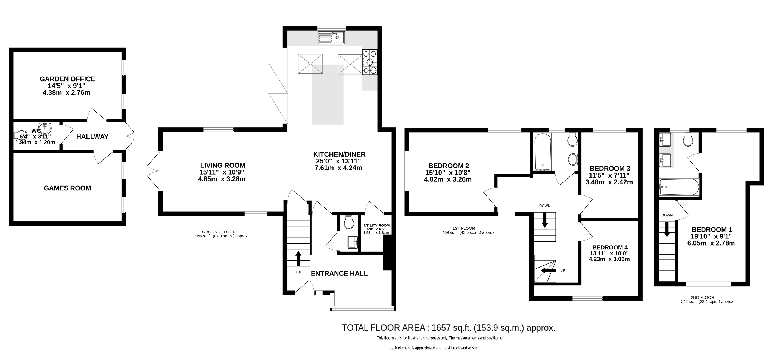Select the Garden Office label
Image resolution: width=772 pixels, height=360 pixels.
pyautogui.click(x=67, y=79)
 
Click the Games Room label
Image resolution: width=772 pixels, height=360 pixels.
pyautogui.click(x=67, y=188)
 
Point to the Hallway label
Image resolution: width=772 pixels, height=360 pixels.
pyautogui.click(x=92, y=137)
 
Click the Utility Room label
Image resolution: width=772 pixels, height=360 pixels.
pyautogui.click(x=377, y=225)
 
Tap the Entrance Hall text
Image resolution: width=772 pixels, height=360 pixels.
pyautogui.click(x=339, y=273)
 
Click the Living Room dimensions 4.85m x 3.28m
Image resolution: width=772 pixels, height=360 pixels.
pyautogui.click(x=222, y=179)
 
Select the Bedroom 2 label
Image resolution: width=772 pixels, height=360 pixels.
pyautogui.click(x=449, y=166)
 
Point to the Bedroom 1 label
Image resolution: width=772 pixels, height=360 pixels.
pyautogui.click(x=712, y=229)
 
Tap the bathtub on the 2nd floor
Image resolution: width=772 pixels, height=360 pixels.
pyautogui.click(x=679, y=187)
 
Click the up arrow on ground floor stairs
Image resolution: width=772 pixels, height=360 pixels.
pyautogui.click(x=298, y=259)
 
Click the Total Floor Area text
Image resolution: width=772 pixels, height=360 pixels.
pyautogui.click(x=449, y=328)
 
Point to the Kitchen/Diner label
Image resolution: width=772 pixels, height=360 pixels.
pyautogui.click(x=339, y=154)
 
